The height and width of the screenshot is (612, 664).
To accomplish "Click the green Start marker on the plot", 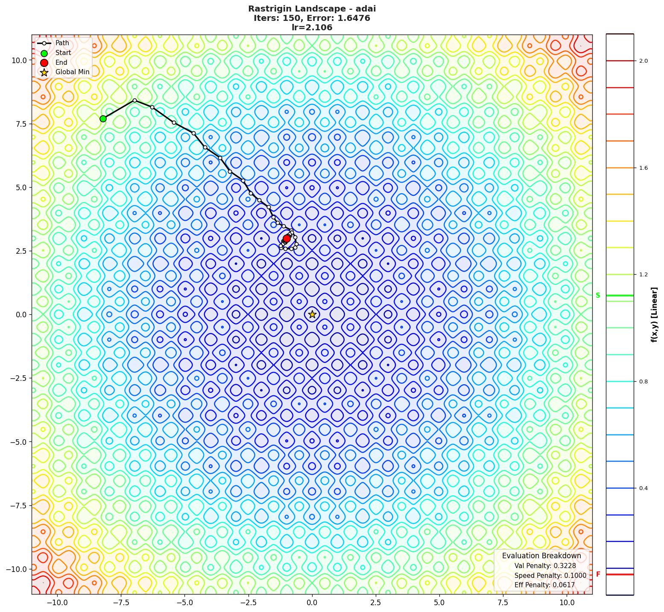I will pos(103,119).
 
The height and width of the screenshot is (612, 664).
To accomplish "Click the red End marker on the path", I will pos(287,238).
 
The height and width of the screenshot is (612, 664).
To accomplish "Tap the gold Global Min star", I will pos(312,314).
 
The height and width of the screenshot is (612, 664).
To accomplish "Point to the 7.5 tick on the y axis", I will pos(18,124).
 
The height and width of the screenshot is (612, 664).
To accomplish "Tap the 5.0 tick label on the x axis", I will pos(439,603).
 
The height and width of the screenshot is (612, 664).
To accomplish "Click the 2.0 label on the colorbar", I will pos(643,61).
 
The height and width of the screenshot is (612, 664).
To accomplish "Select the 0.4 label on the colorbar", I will pos(643,488).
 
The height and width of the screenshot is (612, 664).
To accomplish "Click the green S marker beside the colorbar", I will pos(598,295).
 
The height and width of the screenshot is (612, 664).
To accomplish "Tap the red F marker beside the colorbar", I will pos(598,574).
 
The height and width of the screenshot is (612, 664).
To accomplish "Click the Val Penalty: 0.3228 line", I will pos(545,566).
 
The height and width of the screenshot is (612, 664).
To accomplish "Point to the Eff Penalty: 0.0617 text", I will pos(544,585).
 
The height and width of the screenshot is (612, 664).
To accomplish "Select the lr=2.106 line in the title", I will pos(312,28).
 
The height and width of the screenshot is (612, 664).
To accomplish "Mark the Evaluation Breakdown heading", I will pos(541,556).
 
